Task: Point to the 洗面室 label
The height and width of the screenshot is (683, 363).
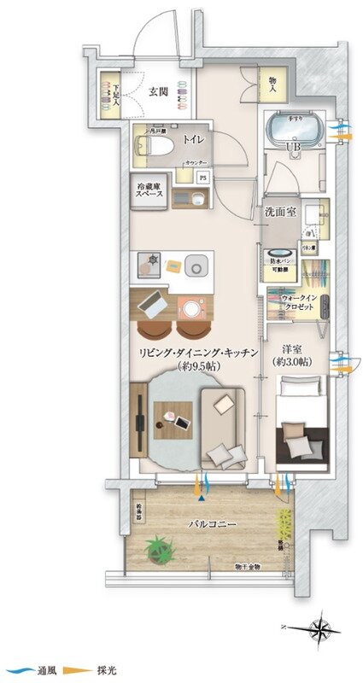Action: pyautogui.click(x=280, y=212)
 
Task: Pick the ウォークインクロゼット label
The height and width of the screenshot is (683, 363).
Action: pyautogui.click(x=292, y=301)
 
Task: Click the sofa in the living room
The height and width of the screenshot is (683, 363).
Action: pyautogui.click(x=223, y=427)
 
